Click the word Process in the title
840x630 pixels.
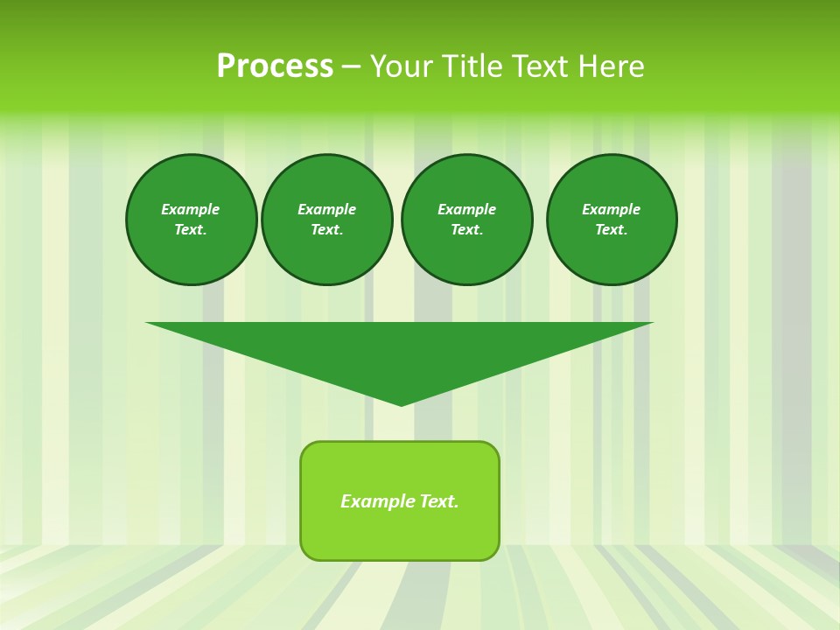pyautogui.click(x=275, y=66)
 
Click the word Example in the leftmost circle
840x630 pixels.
pyautogui.click(x=191, y=209)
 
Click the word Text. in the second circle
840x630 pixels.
pyautogui.click(x=327, y=230)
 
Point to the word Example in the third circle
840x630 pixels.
pyautogui.click(x=467, y=209)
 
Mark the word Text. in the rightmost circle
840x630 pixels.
pyautogui.click(x=612, y=230)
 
